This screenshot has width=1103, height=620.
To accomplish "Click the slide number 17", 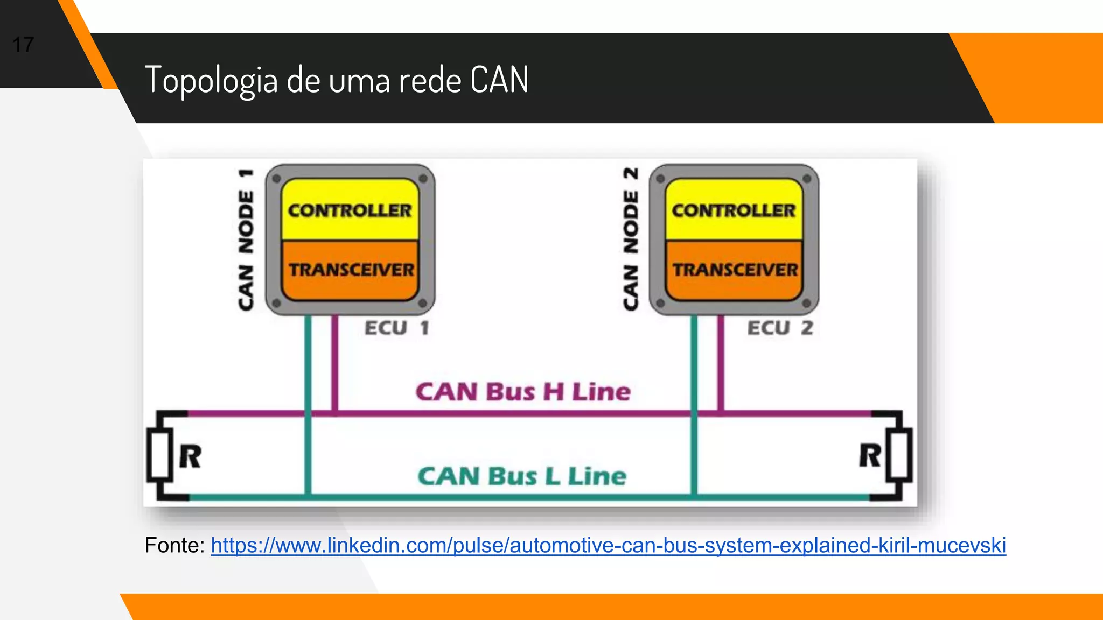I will (23, 45).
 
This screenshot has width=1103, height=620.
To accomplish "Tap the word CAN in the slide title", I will (499, 80).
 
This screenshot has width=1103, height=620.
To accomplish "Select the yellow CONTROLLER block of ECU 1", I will (350, 210).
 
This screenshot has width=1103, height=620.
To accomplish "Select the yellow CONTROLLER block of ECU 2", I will (734, 210).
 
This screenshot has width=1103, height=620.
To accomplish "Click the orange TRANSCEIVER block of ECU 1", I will (351, 270).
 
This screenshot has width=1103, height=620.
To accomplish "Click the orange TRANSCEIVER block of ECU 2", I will (735, 270).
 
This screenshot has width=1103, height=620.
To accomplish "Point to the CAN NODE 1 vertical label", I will (246, 240).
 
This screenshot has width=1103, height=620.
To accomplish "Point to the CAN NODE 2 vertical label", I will (631, 239).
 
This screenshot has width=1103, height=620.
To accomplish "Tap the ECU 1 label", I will (397, 328).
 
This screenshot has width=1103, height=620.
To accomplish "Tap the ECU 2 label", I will (780, 328).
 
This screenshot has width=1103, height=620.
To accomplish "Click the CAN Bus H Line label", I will (522, 392).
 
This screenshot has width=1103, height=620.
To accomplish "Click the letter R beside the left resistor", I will (190, 457).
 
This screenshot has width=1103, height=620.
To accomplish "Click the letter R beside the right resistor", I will (869, 456).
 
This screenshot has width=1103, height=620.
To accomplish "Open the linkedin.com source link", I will (608, 546).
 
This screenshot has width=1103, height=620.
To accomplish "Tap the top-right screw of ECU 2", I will (806, 179).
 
